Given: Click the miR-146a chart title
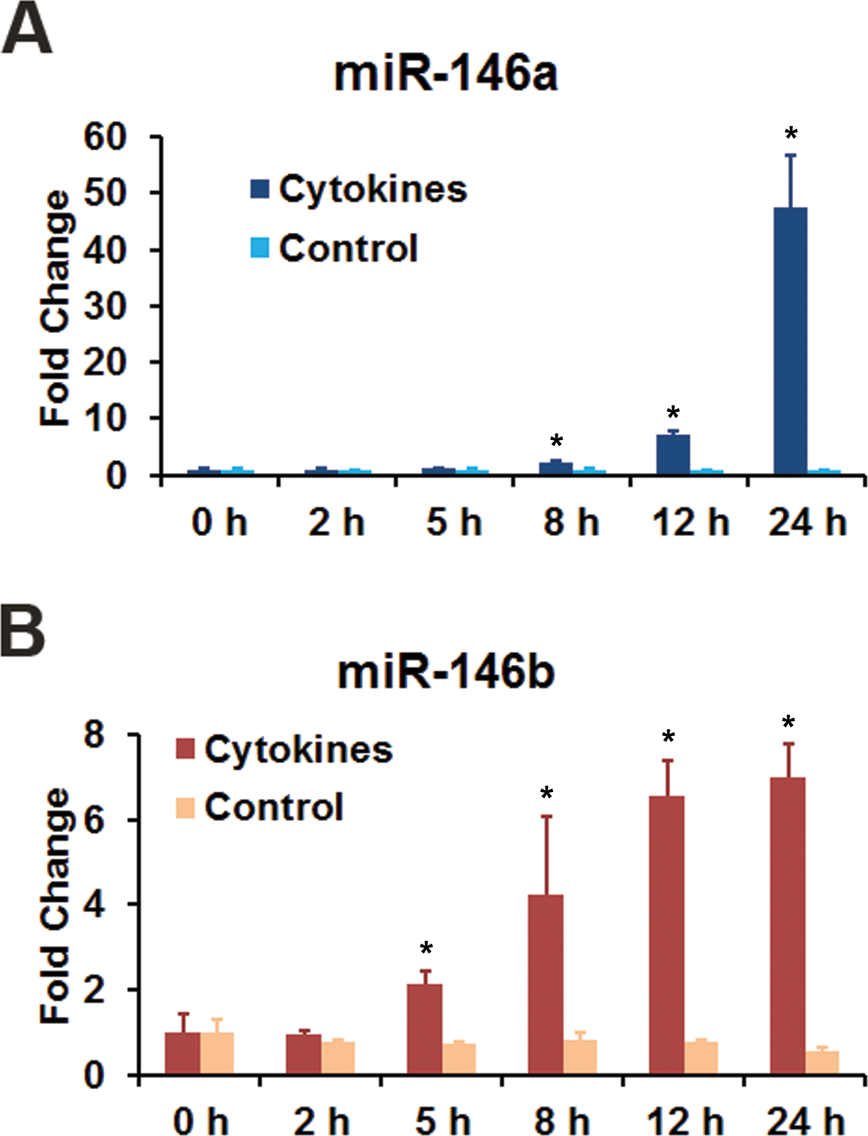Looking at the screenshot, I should pyautogui.click(x=446, y=74).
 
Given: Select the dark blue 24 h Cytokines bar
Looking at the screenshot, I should pyautogui.click(x=790, y=340).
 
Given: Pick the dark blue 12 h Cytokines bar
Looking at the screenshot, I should pyautogui.click(x=673, y=454).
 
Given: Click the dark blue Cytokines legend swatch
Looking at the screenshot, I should pyautogui.click(x=260, y=189).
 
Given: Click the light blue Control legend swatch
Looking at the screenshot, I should pyautogui.click(x=260, y=247).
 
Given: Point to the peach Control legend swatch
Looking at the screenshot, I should pyautogui.click(x=185, y=808).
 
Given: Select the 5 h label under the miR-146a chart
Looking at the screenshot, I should pyautogui.click(x=453, y=522).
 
